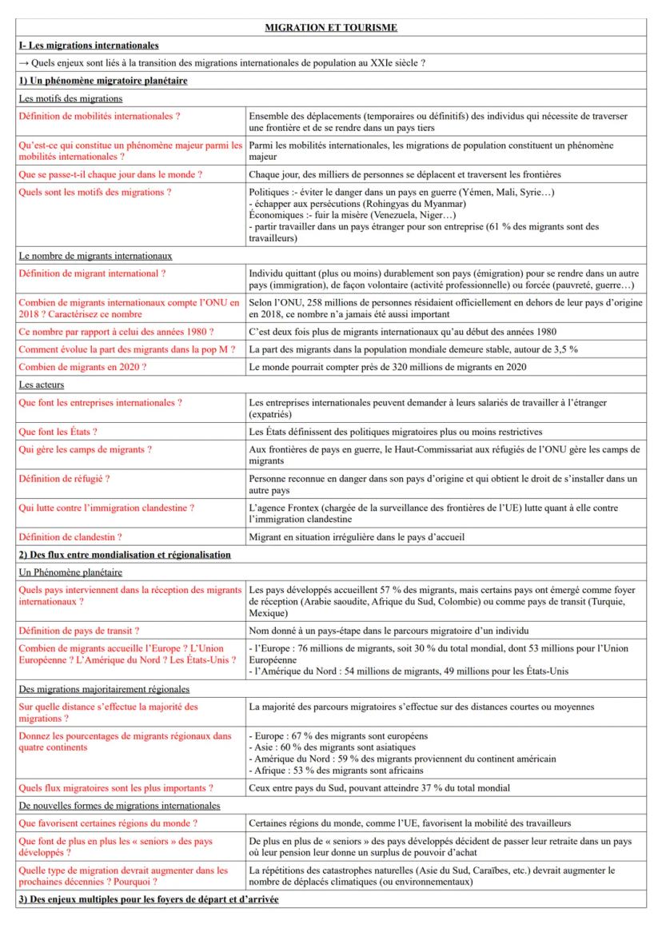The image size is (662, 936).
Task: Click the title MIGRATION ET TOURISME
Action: (x=330, y=28)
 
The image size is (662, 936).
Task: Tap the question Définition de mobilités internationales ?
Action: (x=98, y=116)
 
